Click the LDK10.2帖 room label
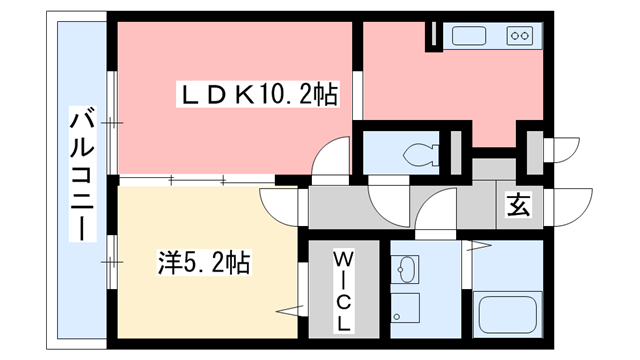[x=258, y=96]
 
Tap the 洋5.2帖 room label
[x=203, y=263]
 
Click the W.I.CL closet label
[x=342, y=289]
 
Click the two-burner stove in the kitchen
[x=520, y=37]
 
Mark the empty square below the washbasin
[x=406, y=308]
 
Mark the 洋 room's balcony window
[x=113, y=262]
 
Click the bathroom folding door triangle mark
[x=477, y=245]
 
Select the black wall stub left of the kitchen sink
[x=434, y=35]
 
